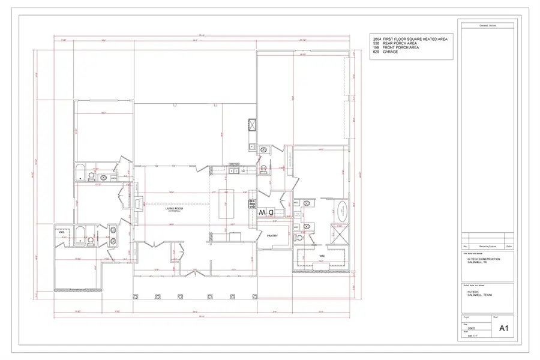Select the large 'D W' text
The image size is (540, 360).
pyautogui.click(x=266, y=212)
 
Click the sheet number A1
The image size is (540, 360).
pyautogui.click(x=503, y=328)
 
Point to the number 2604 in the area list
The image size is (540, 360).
pyautogui.click(x=376, y=39)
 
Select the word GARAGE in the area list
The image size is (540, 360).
pyautogui.click(x=390, y=52)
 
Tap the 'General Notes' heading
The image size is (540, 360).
pyautogui.click(x=486, y=26)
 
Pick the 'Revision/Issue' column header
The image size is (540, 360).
pyautogui.click(x=487, y=247)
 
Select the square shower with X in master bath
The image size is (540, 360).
pyautogui.click(x=340, y=233)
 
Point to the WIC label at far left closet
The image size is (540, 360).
pyautogui.click(x=61, y=232)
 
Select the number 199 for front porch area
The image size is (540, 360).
pyautogui.click(x=376, y=48)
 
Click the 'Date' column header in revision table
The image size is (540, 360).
pyautogui.click(x=509, y=247)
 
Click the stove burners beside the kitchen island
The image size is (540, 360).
pyautogui.click(x=252, y=204)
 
